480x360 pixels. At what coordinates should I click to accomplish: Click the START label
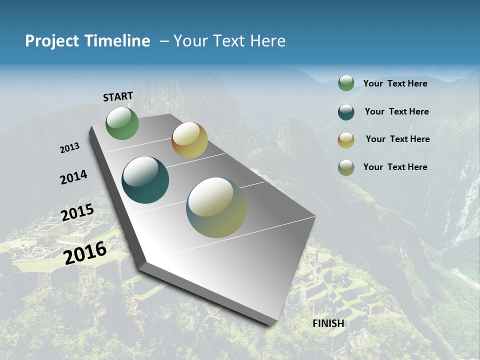(118, 96)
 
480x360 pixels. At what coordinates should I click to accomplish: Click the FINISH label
(328, 323)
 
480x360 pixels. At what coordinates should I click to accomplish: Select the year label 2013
(69, 148)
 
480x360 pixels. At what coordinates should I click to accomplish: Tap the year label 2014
(73, 177)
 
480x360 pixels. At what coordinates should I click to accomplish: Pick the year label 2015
(77, 212)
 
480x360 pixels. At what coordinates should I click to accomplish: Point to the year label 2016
(85, 252)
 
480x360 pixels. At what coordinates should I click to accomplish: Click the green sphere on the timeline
(122, 123)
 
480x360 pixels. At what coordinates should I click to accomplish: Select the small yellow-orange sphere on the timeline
(189, 140)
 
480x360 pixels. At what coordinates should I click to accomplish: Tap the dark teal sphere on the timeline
(145, 180)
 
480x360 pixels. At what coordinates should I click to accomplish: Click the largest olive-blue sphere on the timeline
(216, 207)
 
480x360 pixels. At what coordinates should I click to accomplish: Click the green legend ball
(346, 83)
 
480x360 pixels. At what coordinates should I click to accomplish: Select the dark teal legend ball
(346, 112)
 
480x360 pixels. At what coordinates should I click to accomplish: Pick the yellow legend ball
(346, 140)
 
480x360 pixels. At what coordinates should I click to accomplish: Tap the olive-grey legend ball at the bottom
(346, 167)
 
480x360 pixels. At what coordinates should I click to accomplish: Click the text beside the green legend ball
(395, 83)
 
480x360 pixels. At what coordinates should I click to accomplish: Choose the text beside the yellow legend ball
(397, 139)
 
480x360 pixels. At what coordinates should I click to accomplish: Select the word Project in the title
(52, 41)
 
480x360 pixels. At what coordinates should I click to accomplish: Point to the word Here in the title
(267, 41)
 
